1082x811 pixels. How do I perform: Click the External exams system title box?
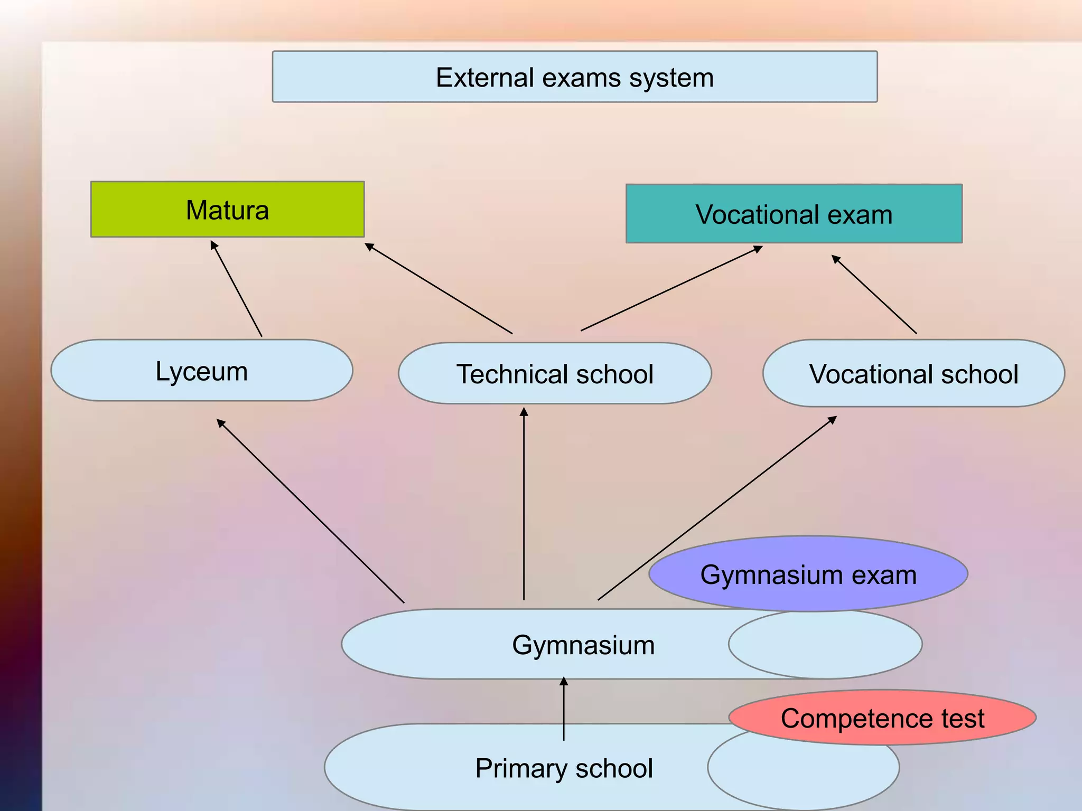[x=574, y=77]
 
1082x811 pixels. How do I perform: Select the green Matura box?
[x=227, y=210]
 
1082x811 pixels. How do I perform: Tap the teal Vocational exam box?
[x=794, y=214]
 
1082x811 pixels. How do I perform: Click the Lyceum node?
[x=201, y=371]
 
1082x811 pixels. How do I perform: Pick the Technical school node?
[x=555, y=374]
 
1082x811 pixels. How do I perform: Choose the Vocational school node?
[x=913, y=374]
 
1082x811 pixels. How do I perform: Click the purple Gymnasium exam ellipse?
[x=808, y=574]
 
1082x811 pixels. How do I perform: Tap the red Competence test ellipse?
[x=882, y=718]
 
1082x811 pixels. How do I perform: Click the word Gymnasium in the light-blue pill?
[x=583, y=645]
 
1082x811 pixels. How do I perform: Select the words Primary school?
[x=564, y=768]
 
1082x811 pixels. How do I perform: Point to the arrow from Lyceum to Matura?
[x=237, y=289]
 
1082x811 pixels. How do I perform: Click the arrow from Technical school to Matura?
[x=439, y=288]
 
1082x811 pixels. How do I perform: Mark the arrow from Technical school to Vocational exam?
[x=671, y=288]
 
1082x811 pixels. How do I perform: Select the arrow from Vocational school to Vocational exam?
[x=874, y=295]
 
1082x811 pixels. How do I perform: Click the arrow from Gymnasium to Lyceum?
[x=311, y=511]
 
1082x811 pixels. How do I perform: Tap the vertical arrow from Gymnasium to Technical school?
[x=524, y=504]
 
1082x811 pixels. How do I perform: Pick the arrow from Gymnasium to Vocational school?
[x=717, y=508]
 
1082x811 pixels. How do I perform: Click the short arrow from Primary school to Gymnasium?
[x=564, y=709]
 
